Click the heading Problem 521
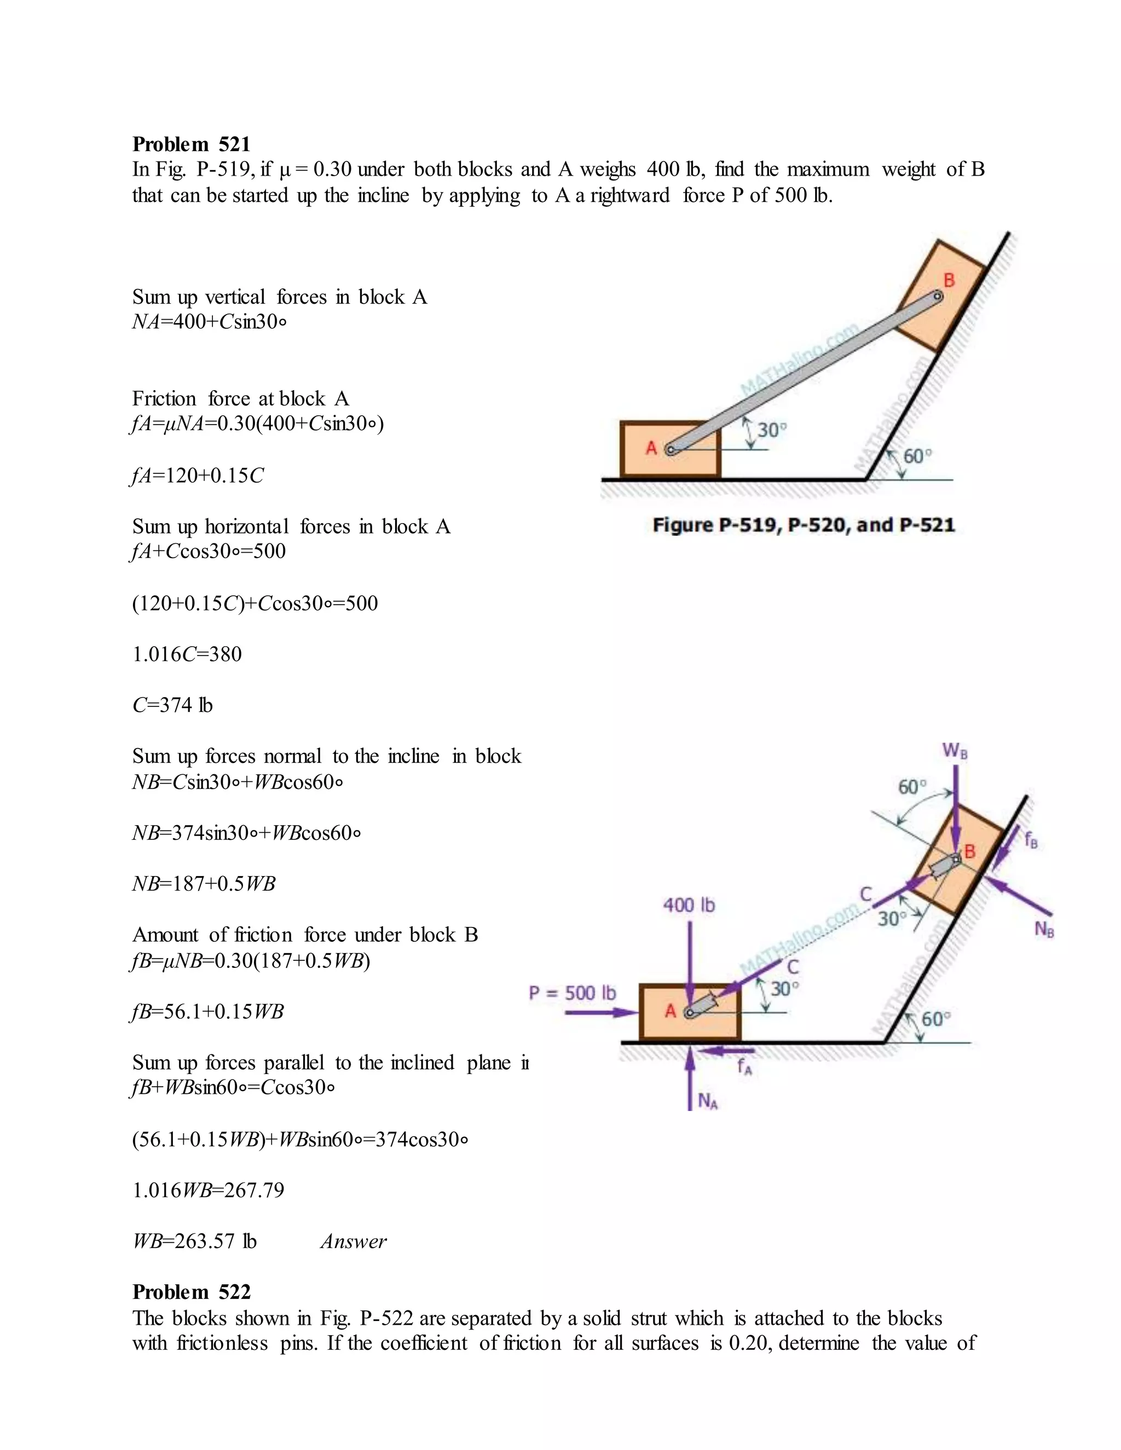(191, 144)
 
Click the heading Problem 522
(191, 1291)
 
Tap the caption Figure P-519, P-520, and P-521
(803, 525)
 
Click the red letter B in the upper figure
(949, 280)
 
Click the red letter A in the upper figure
(651, 448)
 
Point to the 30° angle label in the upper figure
(771, 430)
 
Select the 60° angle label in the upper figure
(918, 456)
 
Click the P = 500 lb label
(572, 993)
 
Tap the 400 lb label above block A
(689, 905)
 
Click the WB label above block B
(954, 751)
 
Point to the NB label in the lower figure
(1044, 930)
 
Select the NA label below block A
(708, 1102)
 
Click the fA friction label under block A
(744, 1068)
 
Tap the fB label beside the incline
(1031, 840)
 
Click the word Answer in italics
(353, 1242)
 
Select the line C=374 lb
(172, 705)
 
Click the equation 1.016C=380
(187, 654)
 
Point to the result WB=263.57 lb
(194, 1242)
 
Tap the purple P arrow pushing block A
(600, 1012)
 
